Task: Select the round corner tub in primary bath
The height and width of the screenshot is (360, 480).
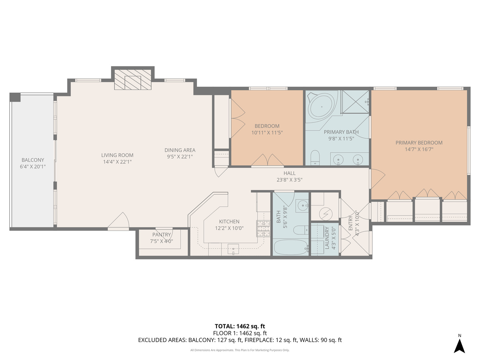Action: pyautogui.click(x=321, y=107)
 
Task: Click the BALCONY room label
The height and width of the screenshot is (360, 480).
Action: pyautogui.click(x=33, y=160)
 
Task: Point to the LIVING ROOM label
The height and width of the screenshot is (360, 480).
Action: pyautogui.click(x=117, y=155)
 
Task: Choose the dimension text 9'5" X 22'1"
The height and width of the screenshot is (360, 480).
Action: pyautogui.click(x=180, y=157)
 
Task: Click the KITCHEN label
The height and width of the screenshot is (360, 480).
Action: pyautogui.click(x=229, y=221)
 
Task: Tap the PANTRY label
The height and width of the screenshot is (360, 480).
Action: pyautogui.click(x=161, y=235)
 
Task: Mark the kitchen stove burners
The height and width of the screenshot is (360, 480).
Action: pyautogui.click(x=263, y=229)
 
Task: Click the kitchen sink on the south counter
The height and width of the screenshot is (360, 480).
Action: pyautogui.click(x=233, y=249)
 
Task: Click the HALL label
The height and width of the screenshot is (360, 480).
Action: pyautogui.click(x=289, y=173)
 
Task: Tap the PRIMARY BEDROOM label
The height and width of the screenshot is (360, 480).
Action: pyautogui.click(x=419, y=143)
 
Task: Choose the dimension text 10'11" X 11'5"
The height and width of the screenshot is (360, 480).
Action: pyautogui.click(x=267, y=133)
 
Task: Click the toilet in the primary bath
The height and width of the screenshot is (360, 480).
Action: pyautogui.click(x=315, y=157)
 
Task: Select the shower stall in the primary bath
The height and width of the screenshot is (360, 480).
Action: pyautogui.click(x=355, y=102)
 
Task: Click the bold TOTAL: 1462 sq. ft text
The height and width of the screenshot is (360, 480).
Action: pyautogui.click(x=240, y=326)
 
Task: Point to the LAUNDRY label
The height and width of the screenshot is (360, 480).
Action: pyautogui.click(x=327, y=238)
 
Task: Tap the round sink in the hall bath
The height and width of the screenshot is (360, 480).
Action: pyautogui.click(x=303, y=205)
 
